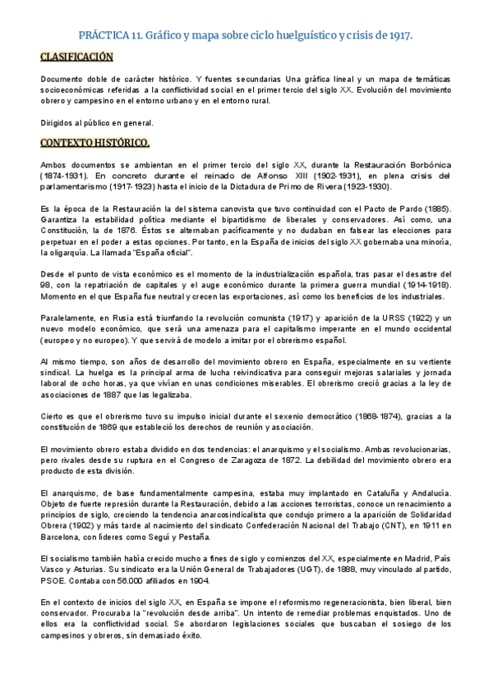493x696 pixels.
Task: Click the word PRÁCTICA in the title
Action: point(105,36)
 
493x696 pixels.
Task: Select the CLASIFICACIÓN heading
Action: point(76,57)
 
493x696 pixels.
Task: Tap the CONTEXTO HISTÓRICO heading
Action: point(94,144)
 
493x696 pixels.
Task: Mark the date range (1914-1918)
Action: point(420,283)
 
